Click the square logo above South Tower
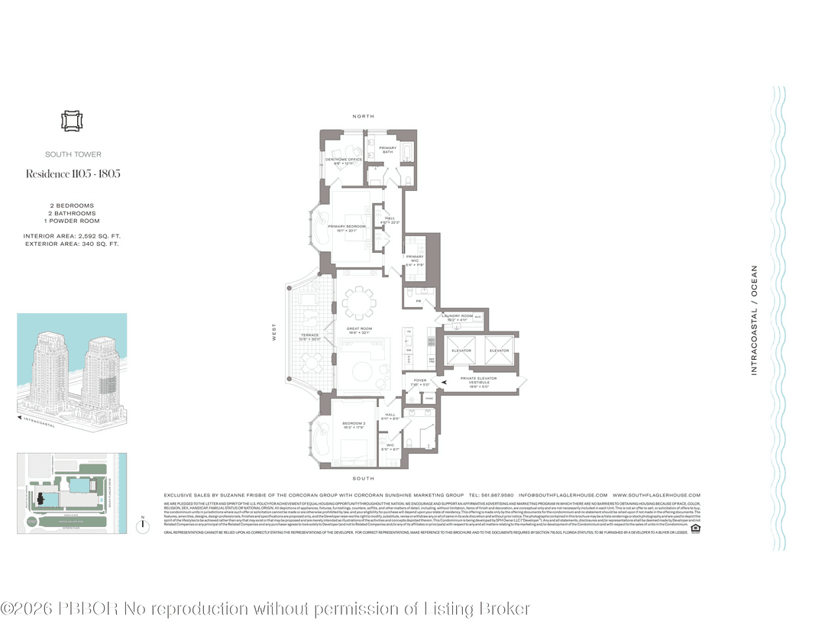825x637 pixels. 72,121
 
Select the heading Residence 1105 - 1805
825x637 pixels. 73,173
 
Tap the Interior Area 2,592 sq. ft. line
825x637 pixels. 72,236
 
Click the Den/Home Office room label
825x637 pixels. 343,161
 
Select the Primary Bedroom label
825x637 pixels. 348,228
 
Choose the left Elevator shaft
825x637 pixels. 462,351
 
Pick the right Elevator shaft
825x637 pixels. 499,351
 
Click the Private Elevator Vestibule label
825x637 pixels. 479,380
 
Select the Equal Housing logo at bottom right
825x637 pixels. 695,527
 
